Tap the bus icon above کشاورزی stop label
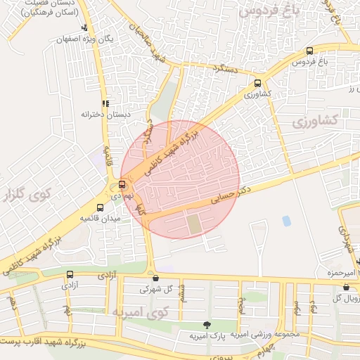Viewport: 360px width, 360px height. tap(257, 82)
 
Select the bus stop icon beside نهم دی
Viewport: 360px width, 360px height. tap(123, 184)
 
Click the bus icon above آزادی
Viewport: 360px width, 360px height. tap(69, 275)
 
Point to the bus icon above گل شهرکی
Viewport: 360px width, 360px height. tap(155, 278)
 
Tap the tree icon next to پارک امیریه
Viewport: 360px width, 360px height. tap(206, 324)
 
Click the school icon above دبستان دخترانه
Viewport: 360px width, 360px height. tap(105, 103)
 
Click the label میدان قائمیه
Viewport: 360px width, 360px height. tap(101, 218)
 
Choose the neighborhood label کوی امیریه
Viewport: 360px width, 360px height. tap(139, 311)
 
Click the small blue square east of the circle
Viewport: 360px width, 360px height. tap(286, 221)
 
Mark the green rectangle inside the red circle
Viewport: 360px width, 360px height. tap(193, 224)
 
